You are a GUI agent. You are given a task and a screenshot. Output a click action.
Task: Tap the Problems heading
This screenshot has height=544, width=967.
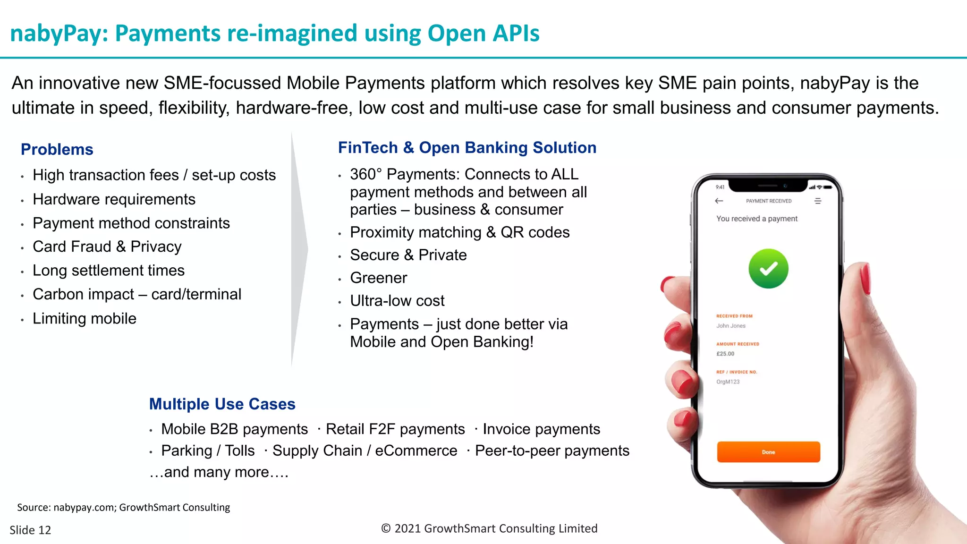click(57, 149)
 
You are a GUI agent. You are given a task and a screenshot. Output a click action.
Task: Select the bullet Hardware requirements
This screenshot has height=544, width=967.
click(114, 199)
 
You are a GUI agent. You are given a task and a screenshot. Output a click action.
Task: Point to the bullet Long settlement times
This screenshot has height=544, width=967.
click(109, 271)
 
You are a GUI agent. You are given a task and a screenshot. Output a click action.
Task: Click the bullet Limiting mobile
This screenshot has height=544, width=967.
click(85, 319)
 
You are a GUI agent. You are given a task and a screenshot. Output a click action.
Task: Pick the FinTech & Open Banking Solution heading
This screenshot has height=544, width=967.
click(467, 148)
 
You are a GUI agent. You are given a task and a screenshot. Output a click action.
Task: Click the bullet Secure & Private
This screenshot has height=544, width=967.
click(408, 255)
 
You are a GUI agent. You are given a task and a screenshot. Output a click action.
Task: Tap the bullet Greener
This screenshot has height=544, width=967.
click(378, 278)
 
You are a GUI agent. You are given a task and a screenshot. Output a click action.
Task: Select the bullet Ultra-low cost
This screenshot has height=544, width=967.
click(397, 301)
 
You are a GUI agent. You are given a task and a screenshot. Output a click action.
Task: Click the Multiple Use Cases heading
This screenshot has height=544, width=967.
click(222, 404)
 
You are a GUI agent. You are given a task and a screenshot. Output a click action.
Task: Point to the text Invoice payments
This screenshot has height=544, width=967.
click(541, 429)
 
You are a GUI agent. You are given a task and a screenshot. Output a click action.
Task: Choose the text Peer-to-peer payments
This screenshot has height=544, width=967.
click(552, 451)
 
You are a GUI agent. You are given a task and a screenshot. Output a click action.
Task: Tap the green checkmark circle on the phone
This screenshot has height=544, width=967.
click(768, 269)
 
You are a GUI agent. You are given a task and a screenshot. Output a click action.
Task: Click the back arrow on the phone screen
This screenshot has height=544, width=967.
click(719, 201)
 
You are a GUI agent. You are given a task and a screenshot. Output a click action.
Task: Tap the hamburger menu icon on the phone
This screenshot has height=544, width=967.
click(818, 201)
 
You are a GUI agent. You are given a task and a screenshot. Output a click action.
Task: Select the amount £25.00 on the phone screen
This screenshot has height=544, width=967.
click(725, 354)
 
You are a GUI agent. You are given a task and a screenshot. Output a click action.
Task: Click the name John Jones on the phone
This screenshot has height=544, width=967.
click(731, 326)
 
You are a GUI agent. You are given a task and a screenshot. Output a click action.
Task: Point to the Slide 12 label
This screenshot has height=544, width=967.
click(30, 530)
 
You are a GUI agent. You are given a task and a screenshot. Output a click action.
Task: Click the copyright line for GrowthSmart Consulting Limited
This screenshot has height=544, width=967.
click(489, 528)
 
